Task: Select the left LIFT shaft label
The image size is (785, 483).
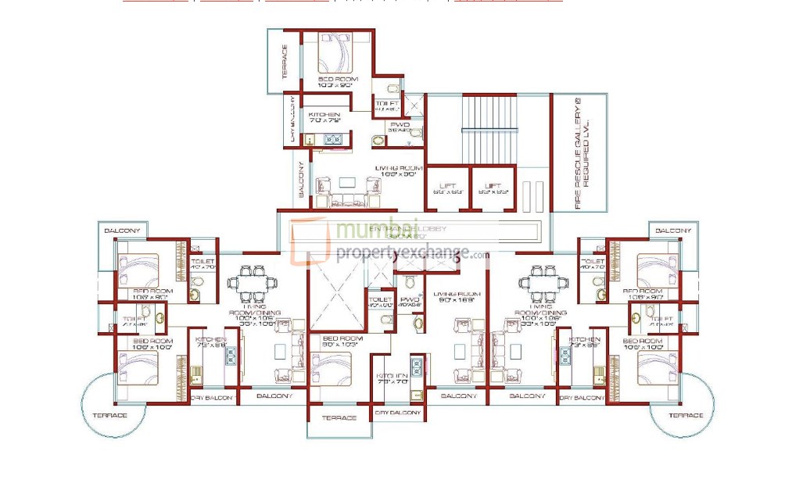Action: [448, 188]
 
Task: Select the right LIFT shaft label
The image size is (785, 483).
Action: [493, 188]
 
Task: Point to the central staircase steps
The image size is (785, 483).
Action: [489, 125]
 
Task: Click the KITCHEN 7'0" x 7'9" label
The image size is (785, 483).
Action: [324, 118]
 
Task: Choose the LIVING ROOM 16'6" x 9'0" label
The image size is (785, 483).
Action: [399, 171]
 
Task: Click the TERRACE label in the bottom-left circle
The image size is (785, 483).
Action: [109, 415]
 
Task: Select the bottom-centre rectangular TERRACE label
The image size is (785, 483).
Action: [339, 418]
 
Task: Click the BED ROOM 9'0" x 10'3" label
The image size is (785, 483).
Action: [339, 341]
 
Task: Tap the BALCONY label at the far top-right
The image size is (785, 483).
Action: [672, 231]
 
